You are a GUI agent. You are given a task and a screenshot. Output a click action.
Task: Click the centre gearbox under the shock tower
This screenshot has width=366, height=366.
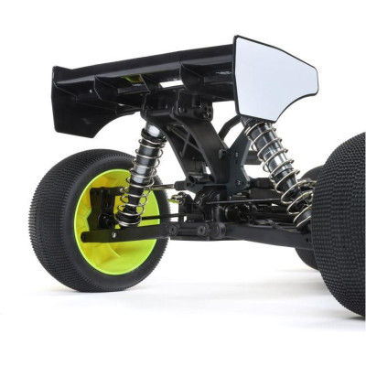point(210,206)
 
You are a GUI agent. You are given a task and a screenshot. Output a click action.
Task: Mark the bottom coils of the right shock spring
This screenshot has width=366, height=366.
point(297,206)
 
